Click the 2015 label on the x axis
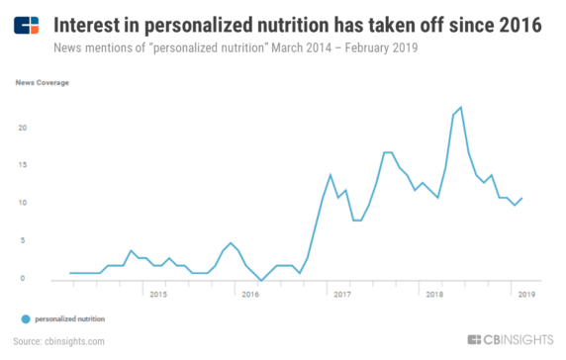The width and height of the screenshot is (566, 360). [158, 294]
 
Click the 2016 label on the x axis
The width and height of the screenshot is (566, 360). [250, 294]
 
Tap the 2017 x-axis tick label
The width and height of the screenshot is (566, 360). [343, 294]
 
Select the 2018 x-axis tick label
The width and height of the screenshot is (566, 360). [434, 294]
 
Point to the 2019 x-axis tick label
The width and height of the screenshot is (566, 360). [525, 294]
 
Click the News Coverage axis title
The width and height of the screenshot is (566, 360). [42, 83]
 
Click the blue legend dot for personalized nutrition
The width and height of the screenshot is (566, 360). [25, 318]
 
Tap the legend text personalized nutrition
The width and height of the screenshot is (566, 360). [70, 318]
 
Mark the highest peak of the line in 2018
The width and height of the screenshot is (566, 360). [461, 107]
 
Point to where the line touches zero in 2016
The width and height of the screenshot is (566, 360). [260, 280]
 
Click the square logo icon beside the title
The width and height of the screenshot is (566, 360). [27, 26]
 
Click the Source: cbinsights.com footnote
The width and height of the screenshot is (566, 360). [61, 341]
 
